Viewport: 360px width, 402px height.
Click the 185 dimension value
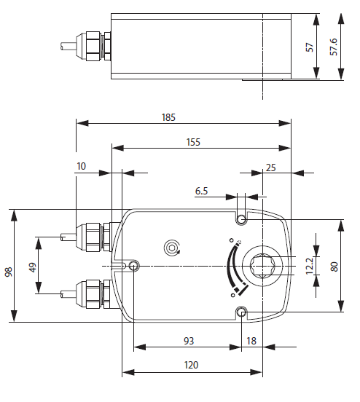[x=170, y=117]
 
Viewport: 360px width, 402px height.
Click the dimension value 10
[x=81, y=167]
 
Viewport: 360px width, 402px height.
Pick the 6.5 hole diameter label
[x=202, y=191]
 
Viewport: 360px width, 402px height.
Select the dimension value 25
[x=271, y=167]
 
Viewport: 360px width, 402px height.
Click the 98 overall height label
[x=8, y=271]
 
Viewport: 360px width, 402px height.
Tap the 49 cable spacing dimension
[x=31, y=267]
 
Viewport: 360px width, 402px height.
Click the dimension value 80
[x=334, y=266]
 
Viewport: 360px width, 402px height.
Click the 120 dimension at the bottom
[x=192, y=365]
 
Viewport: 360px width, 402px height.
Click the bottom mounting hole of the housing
[x=241, y=312]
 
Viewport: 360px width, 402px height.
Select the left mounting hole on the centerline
[x=133, y=266]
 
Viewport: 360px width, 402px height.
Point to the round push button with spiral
[x=172, y=248]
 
